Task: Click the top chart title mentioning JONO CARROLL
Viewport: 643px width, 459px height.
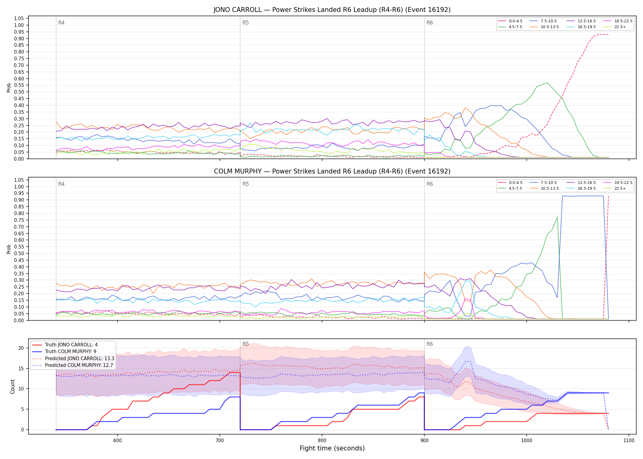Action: (x=332, y=10)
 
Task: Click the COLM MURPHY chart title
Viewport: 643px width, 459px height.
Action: (x=332, y=171)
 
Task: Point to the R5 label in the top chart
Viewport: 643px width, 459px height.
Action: (x=246, y=23)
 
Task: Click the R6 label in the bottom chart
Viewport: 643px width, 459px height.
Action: (x=430, y=344)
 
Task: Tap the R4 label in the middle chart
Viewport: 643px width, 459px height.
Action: (x=61, y=184)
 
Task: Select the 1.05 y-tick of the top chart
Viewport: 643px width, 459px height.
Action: (x=19, y=19)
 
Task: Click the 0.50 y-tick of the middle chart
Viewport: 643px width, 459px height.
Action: (x=19, y=253)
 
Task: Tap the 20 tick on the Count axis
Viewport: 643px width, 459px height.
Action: (x=21, y=348)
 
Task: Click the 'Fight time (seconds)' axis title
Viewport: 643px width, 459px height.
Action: (x=332, y=448)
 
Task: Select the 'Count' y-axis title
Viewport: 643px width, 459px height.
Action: (x=13, y=386)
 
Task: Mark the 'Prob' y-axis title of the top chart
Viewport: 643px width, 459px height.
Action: (x=9, y=88)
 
